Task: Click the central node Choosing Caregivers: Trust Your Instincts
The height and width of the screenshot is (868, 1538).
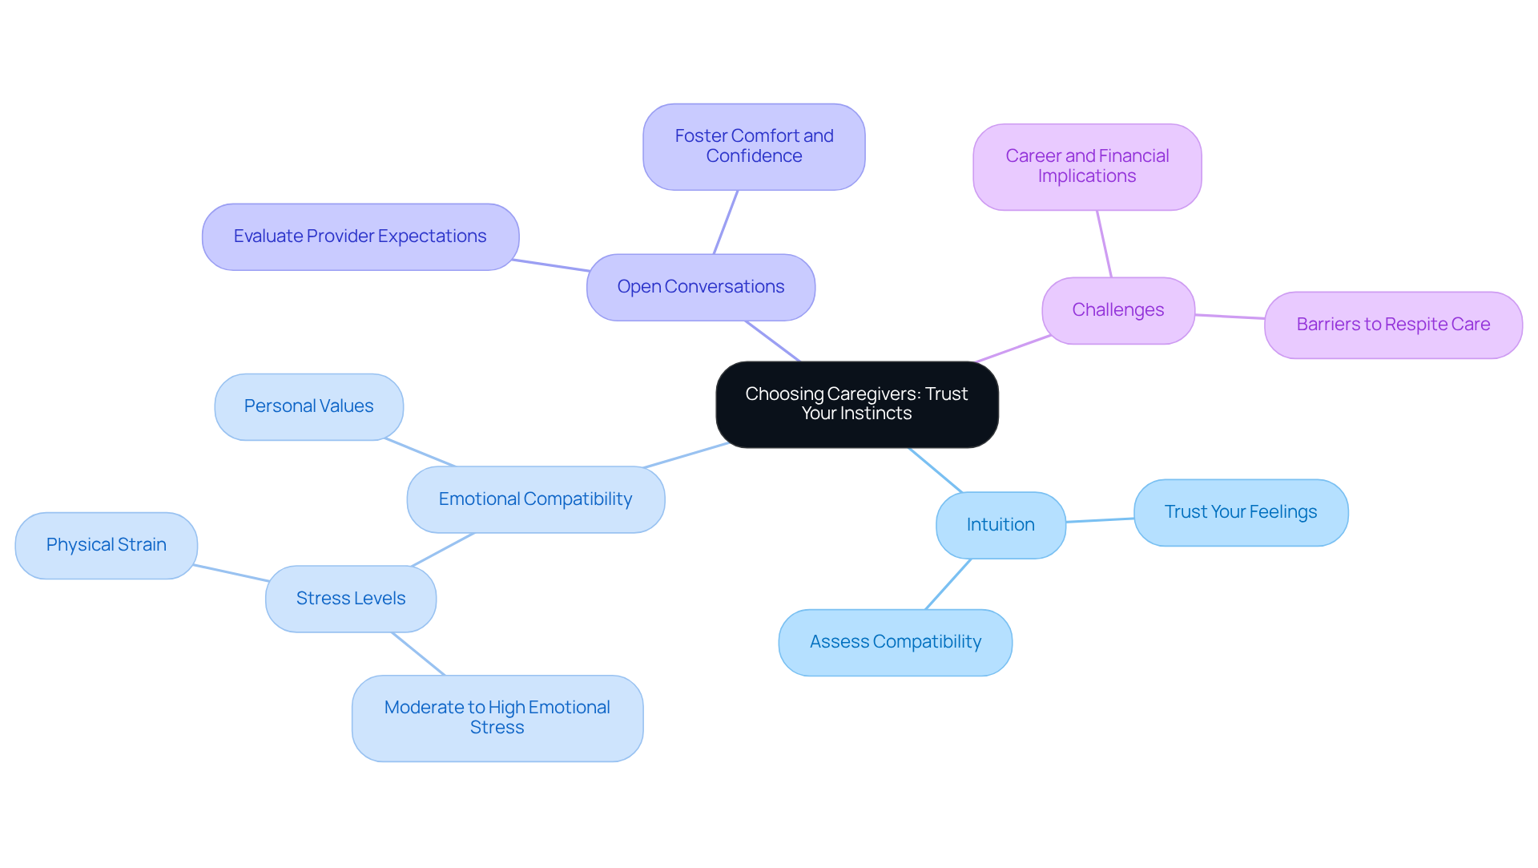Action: [856, 404]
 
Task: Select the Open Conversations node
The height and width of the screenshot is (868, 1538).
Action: [700, 287]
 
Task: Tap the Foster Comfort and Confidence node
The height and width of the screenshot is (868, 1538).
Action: [754, 147]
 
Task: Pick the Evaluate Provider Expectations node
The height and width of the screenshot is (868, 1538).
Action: [360, 236]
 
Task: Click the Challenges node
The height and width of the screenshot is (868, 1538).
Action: [1117, 310]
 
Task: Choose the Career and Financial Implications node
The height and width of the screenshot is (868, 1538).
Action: [1087, 167]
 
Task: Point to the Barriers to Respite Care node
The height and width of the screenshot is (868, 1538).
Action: [1393, 325]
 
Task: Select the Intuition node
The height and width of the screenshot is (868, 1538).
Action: [1001, 525]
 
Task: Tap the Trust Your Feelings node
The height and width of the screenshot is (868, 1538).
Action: [1240, 512]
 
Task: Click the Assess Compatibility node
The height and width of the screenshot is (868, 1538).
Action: [895, 642]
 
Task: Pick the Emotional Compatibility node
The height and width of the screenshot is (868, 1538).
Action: [535, 499]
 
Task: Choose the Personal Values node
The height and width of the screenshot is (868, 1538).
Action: [308, 406]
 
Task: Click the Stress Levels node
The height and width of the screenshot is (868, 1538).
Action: [351, 599]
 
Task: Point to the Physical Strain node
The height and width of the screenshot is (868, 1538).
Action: [106, 545]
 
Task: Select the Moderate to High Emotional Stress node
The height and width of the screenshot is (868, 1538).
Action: [497, 717]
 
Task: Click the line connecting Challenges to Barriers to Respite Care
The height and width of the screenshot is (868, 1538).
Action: [1230, 317]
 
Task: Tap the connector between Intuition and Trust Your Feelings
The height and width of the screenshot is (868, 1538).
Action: [1100, 520]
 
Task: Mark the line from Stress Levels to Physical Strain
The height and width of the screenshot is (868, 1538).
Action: [232, 573]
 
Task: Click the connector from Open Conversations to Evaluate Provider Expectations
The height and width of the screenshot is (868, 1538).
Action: [551, 265]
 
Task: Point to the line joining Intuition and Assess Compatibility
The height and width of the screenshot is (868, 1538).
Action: [948, 583]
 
